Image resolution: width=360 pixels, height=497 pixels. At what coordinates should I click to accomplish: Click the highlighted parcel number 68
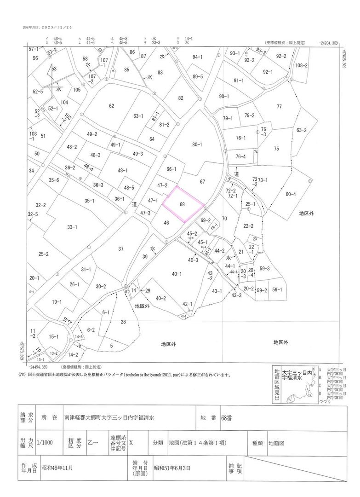(183, 204)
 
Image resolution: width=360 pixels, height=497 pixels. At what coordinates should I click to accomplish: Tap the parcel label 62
(111, 106)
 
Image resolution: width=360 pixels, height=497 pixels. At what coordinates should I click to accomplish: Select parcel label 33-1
(72, 227)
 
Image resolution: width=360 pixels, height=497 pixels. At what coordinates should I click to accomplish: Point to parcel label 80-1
(197, 144)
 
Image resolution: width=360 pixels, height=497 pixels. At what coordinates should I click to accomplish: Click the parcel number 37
(121, 249)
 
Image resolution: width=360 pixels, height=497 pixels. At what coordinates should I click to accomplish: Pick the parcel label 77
(279, 107)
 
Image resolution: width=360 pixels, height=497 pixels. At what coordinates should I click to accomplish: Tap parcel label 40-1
(177, 274)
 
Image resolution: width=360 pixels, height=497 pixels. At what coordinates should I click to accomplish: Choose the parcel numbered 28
(123, 322)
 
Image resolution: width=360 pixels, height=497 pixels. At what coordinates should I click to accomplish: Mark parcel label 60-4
(291, 194)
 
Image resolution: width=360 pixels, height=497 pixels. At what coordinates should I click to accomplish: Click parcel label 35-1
(89, 201)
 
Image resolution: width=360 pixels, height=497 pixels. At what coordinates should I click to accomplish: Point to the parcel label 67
(202, 182)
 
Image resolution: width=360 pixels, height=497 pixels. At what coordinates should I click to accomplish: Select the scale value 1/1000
(46, 443)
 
